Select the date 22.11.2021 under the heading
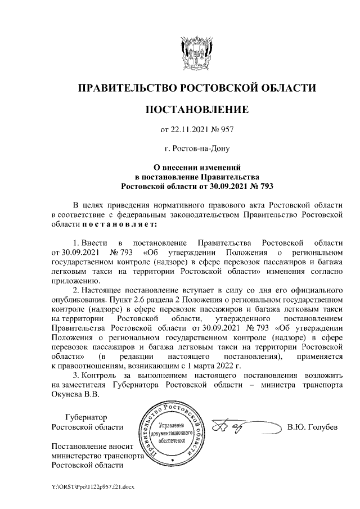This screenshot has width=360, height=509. pyautogui.click(x=188, y=130)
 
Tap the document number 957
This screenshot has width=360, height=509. pyautogui.click(x=226, y=130)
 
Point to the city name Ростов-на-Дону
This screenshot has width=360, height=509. pyautogui.click(x=197, y=149)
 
